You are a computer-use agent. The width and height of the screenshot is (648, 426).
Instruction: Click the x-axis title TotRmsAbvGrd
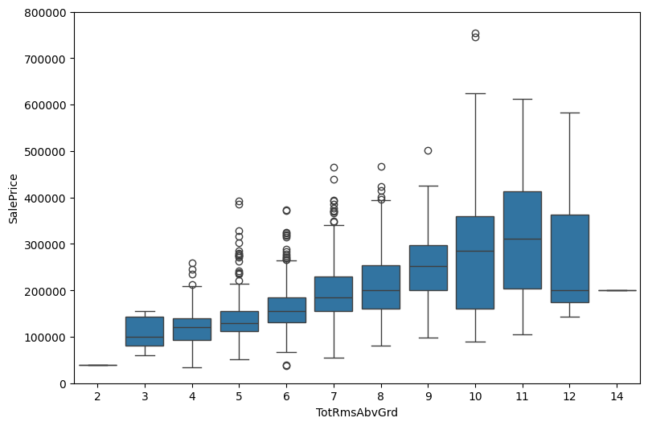point(357,412)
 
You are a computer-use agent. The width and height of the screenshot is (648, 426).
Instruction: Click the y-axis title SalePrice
point(14,198)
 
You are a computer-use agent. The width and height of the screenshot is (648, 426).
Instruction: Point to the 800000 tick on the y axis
point(47,12)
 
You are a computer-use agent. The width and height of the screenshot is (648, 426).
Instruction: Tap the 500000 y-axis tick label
point(47,151)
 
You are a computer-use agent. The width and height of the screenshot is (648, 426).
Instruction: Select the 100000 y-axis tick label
point(47,337)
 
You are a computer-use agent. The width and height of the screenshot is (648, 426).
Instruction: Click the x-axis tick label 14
point(617,396)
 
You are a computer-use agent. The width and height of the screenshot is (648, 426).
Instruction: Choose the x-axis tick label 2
point(97,396)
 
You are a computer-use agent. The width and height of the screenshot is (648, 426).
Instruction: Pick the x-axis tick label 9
point(428,396)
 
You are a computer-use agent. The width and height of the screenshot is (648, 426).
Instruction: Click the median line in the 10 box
point(475,251)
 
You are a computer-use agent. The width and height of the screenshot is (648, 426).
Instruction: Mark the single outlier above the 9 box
point(428,150)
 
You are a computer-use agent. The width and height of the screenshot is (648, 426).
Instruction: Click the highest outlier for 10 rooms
point(475,34)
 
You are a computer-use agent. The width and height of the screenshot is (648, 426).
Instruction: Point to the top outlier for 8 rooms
point(381,166)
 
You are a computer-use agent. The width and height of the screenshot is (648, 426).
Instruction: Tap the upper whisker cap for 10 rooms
point(475,93)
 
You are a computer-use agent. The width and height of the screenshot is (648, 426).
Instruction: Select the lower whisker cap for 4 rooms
point(192,367)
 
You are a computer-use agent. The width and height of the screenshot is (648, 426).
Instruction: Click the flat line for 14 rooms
point(617,290)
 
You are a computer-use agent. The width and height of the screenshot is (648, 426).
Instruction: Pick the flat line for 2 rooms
point(97,365)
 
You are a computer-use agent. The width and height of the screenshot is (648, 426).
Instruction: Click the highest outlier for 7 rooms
point(334,167)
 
